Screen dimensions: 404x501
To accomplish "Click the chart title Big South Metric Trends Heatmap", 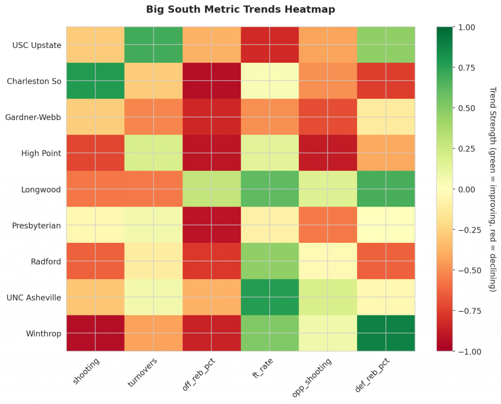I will click(x=240, y=10).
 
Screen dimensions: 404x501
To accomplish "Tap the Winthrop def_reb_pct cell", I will click(x=386, y=333).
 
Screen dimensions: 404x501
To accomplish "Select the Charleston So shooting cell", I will click(x=95, y=81).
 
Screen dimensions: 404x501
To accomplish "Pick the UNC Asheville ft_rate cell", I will click(x=270, y=297).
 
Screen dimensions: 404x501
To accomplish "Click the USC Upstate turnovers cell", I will click(x=153, y=45).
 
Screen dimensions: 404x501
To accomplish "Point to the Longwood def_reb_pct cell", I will click(x=386, y=189).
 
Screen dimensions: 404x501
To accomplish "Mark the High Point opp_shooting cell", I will click(x=328, y=153).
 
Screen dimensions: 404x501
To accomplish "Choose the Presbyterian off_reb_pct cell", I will click(x=211, y=225).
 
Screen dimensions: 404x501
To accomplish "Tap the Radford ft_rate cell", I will click(x=270, y=261).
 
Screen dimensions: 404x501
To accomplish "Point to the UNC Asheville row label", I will click(x=35, y=297).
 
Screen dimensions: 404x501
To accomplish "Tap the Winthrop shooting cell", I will click(x=95, y=333).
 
